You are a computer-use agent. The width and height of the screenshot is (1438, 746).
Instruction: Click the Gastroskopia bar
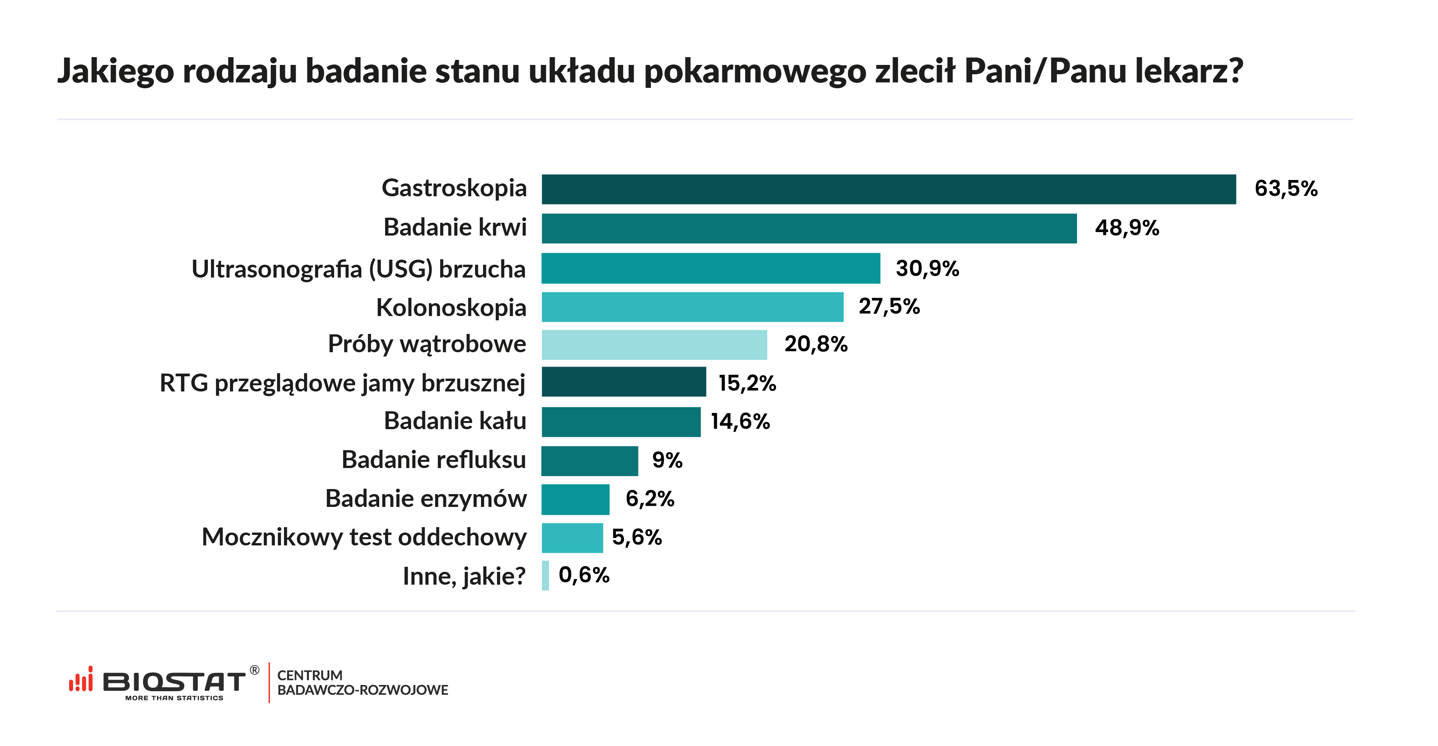point(888,189)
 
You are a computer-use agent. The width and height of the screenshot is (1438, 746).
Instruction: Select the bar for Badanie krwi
point(809,228)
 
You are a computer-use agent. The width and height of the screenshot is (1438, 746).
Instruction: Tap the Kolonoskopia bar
point(692,307)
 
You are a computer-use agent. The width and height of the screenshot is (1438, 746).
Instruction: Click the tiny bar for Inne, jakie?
point(546,576)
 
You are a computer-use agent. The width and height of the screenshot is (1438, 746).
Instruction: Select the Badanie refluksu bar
point(589,461)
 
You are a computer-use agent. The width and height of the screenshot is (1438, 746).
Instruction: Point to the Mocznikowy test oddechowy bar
point(572,538)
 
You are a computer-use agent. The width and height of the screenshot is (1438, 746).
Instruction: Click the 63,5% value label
point(1286,189)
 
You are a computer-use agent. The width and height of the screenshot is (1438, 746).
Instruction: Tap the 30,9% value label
point(927,269)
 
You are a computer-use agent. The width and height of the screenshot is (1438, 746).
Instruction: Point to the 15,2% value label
point(747,383)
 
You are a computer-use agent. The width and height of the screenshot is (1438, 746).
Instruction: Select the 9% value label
point(667,460)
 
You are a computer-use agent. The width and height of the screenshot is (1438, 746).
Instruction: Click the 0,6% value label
point(584,575)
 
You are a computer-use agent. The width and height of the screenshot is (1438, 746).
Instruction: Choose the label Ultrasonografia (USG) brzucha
point(358,269)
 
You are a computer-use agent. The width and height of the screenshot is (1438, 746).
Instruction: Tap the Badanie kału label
point(455,421)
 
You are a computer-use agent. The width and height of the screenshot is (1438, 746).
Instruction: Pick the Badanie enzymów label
point(426,499)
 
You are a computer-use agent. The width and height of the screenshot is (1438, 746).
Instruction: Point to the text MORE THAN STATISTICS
point(174,698)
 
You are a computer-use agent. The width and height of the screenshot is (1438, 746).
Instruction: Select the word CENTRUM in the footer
point(310,675)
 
